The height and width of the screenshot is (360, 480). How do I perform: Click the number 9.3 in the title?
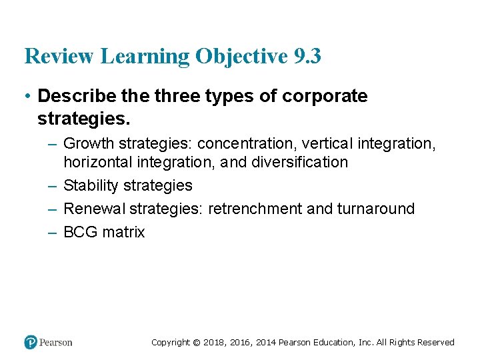pyautogui.click(x=307, y=57)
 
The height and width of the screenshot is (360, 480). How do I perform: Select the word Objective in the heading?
pyautogui.click(x=240, y=57)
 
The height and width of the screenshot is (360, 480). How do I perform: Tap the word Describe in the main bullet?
pyautogui.click(x=75, y=96)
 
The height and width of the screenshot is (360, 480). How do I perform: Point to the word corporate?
pyautogui.click(x=325, y=96)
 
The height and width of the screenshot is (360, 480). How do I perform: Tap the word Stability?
pyautogui.click(x=90, y=185)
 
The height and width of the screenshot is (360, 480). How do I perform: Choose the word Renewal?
pyautogui.click(x=94, y=209)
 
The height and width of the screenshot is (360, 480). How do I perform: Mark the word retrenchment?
pyautogui.click(x=255, y=209)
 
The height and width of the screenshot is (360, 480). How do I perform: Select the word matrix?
pyautogui.click(x=123, y=232)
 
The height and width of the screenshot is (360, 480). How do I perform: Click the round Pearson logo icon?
pyautogui.click(x=31, y=342)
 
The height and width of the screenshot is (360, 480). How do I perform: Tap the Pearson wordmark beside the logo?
pyautogui.click(x=56, y=343)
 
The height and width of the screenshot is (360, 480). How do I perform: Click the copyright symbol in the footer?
pyautogui.click(x=196, y=343)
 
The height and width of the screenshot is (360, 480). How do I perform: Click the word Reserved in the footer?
pyautogui.click(x=435, y=343)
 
